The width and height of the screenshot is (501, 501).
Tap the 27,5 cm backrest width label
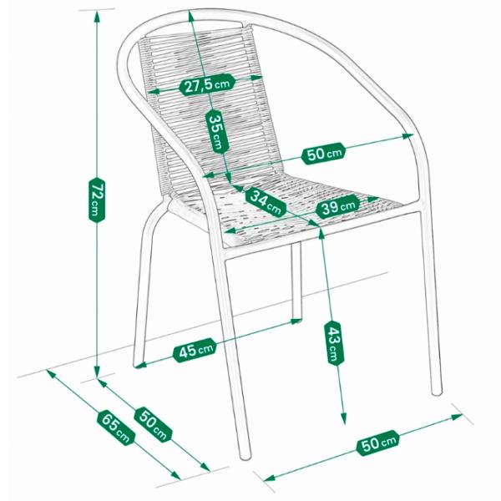(207, 84)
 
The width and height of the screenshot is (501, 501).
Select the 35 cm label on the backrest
(217, 131)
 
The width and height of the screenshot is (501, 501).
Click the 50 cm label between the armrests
(324, 154)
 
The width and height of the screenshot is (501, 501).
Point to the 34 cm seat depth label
(266, 203)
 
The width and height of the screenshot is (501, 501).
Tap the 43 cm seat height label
(334, 343)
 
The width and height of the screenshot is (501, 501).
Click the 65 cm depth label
(116, 428)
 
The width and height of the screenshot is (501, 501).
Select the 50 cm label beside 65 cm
(154, 424)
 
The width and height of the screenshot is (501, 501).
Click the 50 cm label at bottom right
(378, 443)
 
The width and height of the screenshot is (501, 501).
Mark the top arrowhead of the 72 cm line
(97, 15)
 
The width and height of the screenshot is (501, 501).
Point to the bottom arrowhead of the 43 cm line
(344, 419)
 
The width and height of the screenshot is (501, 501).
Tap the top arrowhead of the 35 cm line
(190, 16)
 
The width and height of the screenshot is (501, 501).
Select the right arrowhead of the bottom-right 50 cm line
(458, 417)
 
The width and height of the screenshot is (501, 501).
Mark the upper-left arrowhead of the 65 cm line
(51, 374)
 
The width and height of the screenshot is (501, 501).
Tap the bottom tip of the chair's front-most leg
(245, 456)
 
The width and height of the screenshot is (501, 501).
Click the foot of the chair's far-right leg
(437, 392)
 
